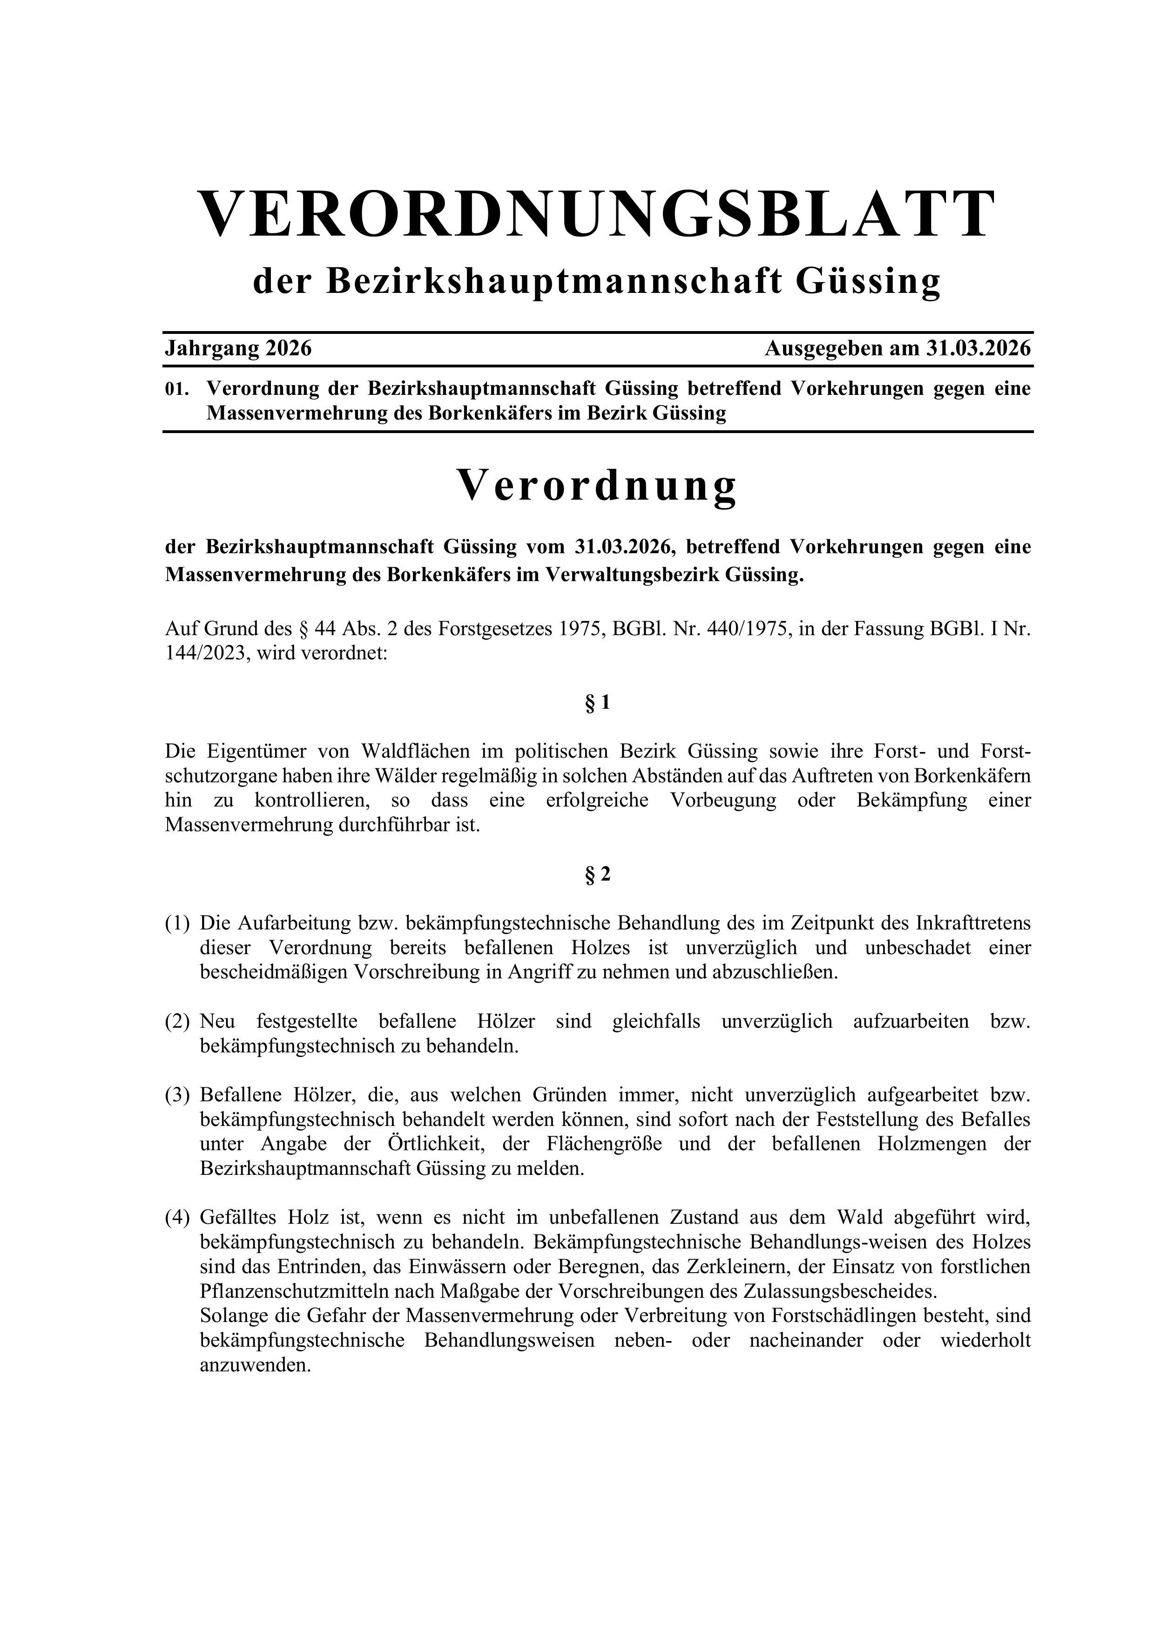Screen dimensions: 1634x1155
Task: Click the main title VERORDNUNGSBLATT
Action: pos(596,214)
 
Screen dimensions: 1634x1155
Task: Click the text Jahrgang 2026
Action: pos(238,349)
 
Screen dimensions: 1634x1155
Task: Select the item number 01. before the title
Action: pos(176,389)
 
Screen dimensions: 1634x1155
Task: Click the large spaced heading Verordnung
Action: pos(596,486)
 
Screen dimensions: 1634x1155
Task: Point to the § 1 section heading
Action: pos(598,703)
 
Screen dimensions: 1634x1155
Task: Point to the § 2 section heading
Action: pos(598,874)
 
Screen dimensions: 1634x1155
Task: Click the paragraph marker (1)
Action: pos(178,924)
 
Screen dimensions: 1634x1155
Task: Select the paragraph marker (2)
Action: pos(178,1022)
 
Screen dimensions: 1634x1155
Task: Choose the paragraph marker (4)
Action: pos(178,1218)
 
